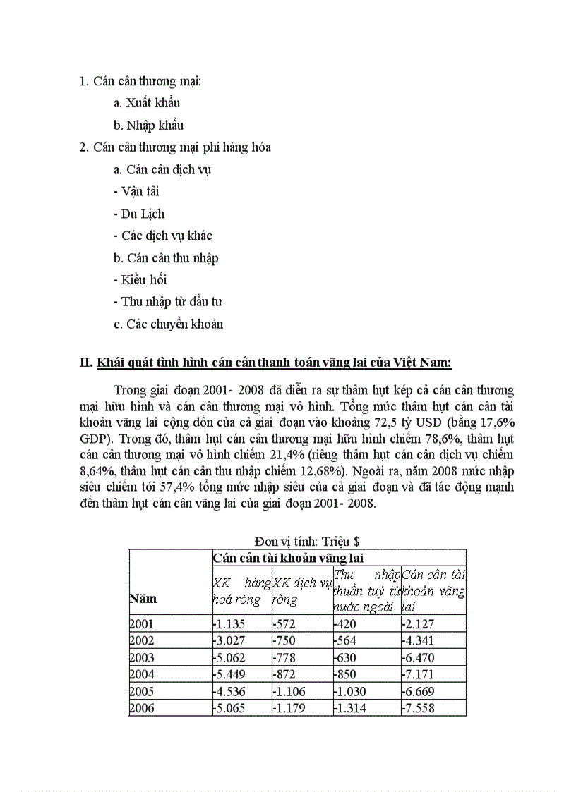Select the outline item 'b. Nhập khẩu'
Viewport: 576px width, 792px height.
click(x=148, y=126)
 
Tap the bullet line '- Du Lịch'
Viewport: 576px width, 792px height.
click(x=138, y=214)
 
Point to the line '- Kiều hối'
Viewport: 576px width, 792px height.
click(x=140, y=280)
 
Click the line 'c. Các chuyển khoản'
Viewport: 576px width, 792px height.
click(x=168, y=324)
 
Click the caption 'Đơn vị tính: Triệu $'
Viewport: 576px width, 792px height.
click(x=307, y=542)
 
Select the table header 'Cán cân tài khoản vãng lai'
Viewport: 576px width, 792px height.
click(x=287, y=558)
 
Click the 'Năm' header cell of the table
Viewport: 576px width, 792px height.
click(x=143, y=598)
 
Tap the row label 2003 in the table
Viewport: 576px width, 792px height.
click(x=142, y=657)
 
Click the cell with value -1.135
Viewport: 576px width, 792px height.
click(x=229, y=623)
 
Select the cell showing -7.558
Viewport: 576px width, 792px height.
click(x=418, y=708)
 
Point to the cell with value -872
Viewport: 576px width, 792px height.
click(x=285, y=674)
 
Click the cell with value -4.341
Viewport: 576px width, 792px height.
click(x=418, y=640)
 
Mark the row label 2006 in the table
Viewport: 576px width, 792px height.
click(x=142, y=708)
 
